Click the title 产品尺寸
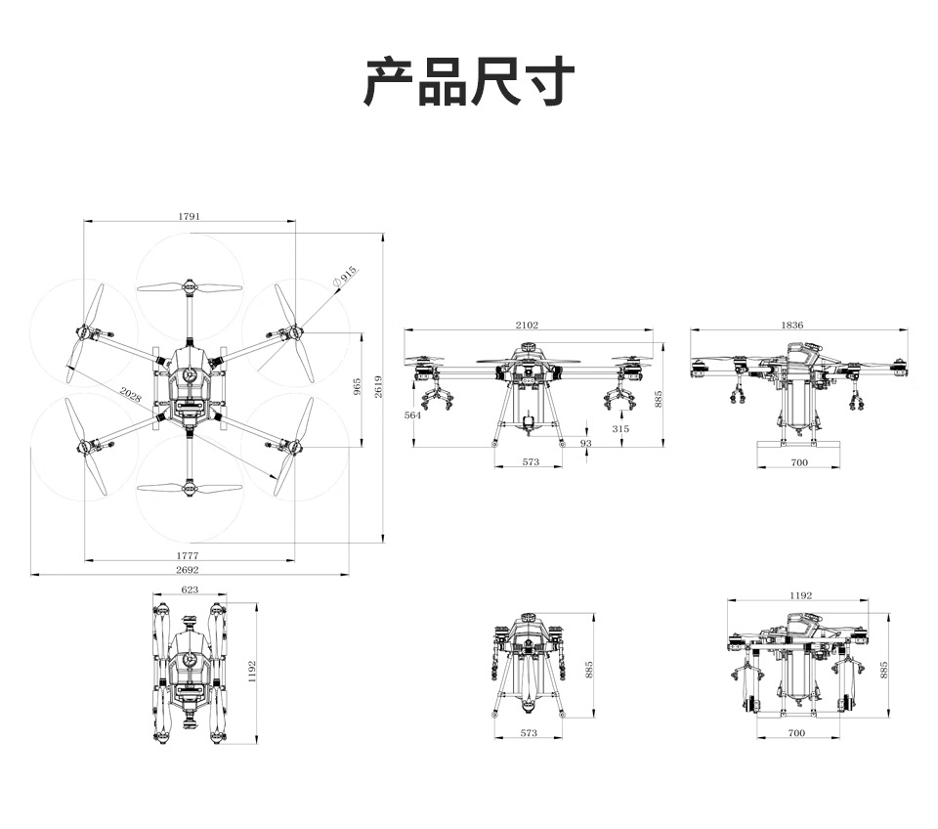click(x=469, y=82)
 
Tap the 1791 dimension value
click(x=190, y=216)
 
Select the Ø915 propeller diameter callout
click(x=345, y=278)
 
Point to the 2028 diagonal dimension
click(x=130, y=396)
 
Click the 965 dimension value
click(x=358, y=386)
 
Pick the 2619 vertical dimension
click(x=377, y=386)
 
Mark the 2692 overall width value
click(x=188, y=569)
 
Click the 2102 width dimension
click(x=527, y=325)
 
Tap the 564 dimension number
click(x=412, y=415)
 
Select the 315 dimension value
click(x=621, y=428)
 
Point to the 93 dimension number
click(x=585, y=443)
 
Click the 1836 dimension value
click(x=792, y=325)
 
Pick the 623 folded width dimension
click(x=190, y=589)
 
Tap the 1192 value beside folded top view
click(x=252, y=671)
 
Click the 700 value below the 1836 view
click(x=799, y=461)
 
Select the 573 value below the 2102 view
click(x=530, y=461)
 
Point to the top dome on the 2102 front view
click(x=529, y=347)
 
